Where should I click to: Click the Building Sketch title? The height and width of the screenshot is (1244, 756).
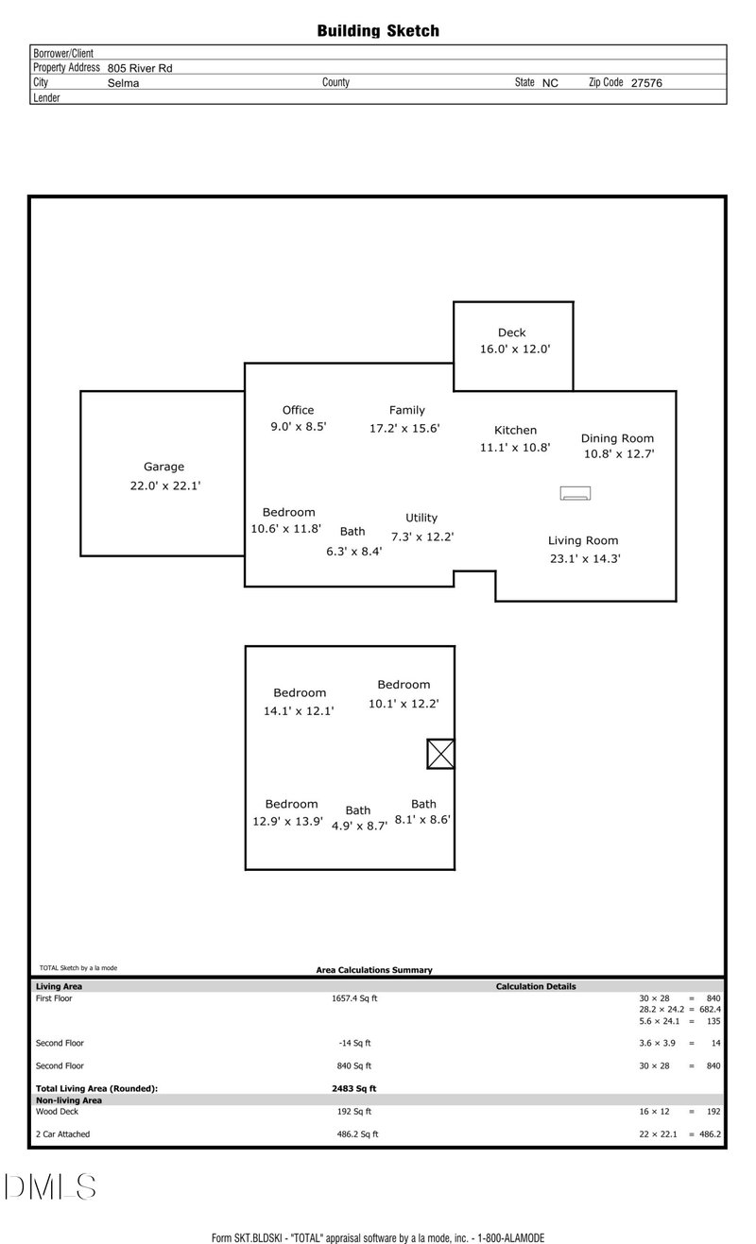point(378,31)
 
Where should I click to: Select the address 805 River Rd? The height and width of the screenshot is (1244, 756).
point(140,68)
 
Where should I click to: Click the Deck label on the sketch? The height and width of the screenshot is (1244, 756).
point(512,332)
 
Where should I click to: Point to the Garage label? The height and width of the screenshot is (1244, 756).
point(163,467)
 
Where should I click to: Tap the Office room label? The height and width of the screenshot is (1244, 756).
point(298,410)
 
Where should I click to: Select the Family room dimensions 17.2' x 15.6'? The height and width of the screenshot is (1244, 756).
point(404,428)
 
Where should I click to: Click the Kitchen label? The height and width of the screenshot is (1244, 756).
point(515,430)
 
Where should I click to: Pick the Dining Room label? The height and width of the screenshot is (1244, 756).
point(617,438)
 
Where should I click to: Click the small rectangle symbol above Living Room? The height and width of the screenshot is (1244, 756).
point(576,493)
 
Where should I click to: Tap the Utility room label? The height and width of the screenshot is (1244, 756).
point(421,518)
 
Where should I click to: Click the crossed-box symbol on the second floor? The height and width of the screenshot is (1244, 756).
point(440,754)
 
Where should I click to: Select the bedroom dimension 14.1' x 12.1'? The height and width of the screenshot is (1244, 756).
point(299,711)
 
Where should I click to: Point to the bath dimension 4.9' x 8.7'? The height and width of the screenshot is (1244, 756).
point(359,826)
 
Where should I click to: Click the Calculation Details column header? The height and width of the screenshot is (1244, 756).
point(536,987)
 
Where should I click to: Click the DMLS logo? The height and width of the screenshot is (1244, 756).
point(49,1186)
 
